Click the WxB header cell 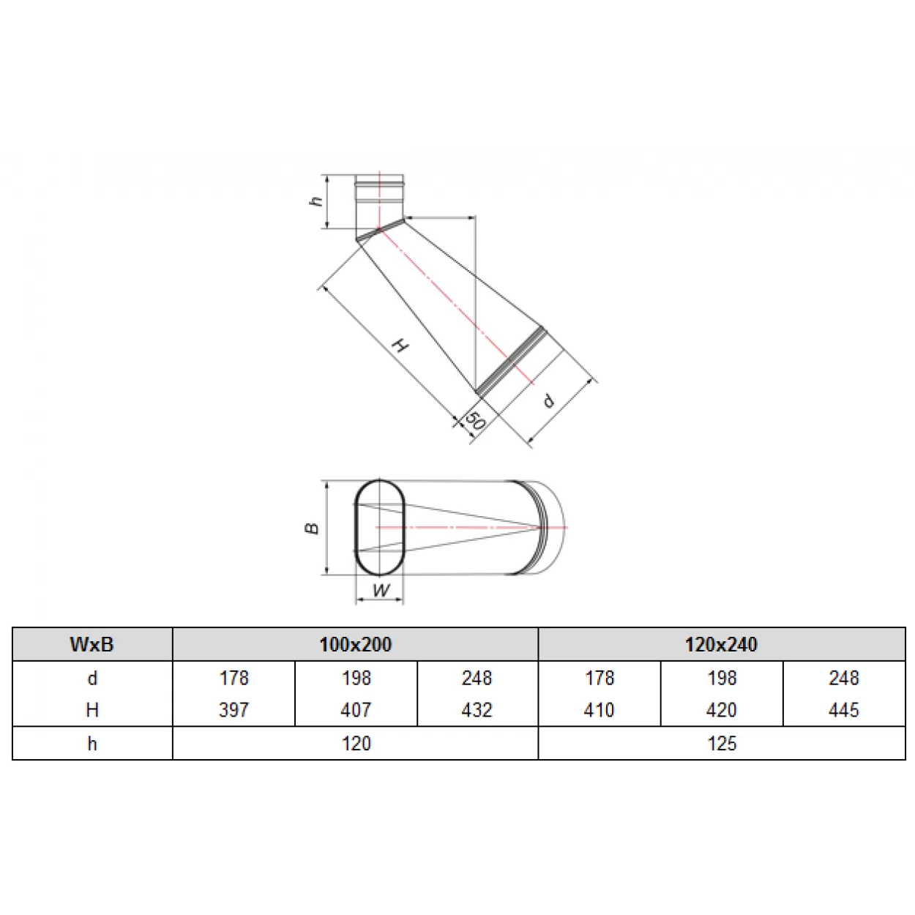pos(92,644)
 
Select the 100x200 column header pos(356,644)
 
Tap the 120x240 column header pos(721,644)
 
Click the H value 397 pos(234,710)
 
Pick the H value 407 pos(356,710)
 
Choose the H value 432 pos(477,710)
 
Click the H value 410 pos(600,710)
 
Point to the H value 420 pos(721,710)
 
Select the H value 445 pos(844,710)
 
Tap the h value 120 pos(356,743)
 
